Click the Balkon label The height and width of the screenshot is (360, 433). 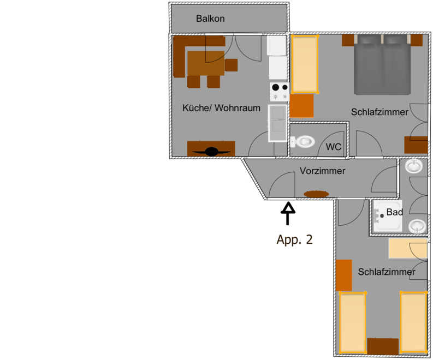click(210, 19)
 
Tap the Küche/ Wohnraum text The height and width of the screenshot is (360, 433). click(221, 107)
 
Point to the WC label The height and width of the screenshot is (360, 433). click(333, 147)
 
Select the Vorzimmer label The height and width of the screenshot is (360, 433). click(323, 171)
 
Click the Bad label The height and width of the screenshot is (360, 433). click(395, 212)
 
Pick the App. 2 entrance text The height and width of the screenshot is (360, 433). click(294, 239)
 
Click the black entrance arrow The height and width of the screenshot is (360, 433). click(288, 213)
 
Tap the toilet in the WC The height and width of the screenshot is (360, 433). click(302, 142)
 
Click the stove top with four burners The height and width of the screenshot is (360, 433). click(280, 92)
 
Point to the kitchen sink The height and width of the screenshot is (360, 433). click(277, 123)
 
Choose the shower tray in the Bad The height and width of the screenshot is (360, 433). click(388, 215)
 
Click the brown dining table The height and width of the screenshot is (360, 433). click(206, 63)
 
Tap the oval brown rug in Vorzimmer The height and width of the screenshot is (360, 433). click(316, 194)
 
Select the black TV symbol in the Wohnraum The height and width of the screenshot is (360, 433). click(211, 152)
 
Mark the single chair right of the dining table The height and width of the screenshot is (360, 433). click(231, 65)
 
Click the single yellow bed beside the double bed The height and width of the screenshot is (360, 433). click(305, 64)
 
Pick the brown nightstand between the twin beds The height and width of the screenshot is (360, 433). click(383, 346)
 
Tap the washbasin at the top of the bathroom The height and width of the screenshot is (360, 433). click(414, 166)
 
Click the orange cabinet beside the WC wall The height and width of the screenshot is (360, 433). click(301, 106)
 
